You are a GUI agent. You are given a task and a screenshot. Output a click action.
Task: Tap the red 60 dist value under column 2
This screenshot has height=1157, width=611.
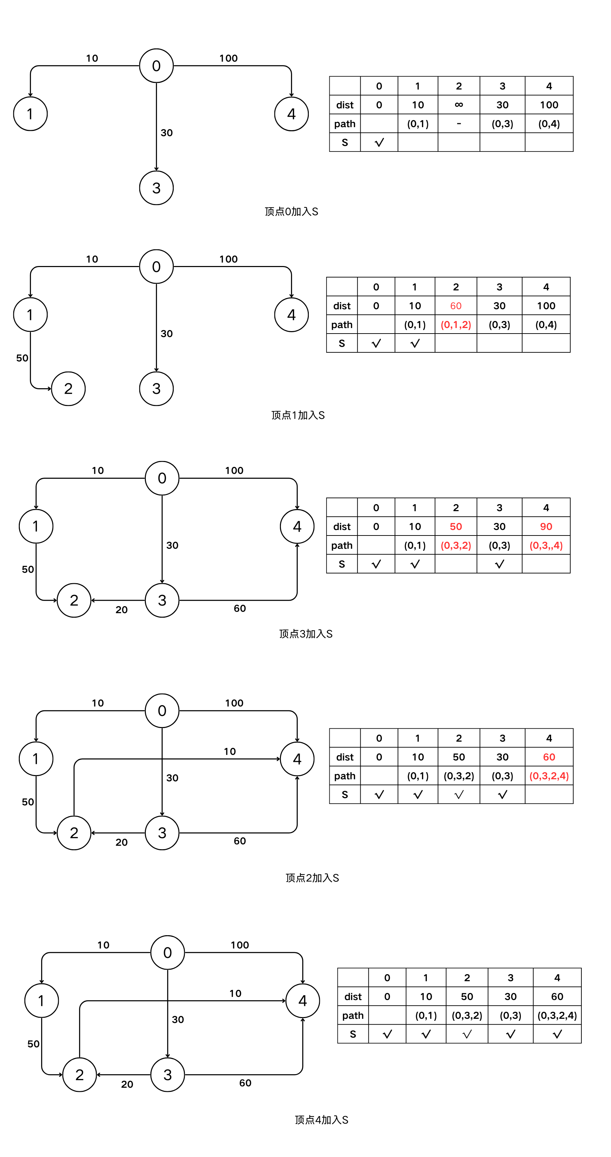(x=456, y=306)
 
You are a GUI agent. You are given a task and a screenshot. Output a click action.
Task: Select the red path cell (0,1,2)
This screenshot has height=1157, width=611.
(x=456, y=325)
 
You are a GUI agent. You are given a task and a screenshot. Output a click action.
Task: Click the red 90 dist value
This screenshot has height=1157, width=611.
(x=546, y=526)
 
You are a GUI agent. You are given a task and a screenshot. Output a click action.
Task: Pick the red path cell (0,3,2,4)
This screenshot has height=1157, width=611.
(x=549, y=776)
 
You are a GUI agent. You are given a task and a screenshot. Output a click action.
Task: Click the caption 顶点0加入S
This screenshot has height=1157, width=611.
(x=291, y=212)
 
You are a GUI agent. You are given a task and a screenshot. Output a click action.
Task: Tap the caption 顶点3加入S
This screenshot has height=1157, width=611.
(x=306, y=634)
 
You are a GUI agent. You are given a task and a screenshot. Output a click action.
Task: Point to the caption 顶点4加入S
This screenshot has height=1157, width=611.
(x=321, y=1120)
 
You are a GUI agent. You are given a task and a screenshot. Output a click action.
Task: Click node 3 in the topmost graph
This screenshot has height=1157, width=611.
(x=156, y=188)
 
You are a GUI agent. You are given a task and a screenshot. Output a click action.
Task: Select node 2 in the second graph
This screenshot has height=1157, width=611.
(x=68, y=389)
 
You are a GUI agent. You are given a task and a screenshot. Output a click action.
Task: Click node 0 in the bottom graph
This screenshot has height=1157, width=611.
(x=167, y=953)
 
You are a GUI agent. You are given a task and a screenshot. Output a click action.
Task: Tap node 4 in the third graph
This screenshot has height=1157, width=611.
(x=297, y=526)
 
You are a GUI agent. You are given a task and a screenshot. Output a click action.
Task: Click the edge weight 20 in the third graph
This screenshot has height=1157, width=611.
(x=121, y=610)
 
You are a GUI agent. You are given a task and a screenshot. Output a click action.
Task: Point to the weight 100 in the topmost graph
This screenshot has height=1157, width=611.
(x=228, y=58)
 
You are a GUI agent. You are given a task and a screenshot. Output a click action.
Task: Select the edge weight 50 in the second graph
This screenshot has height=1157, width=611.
(x=22, y=358)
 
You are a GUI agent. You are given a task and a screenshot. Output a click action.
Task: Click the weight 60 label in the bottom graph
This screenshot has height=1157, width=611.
(x=245, y=1083)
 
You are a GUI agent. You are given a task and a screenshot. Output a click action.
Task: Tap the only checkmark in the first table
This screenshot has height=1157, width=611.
(x=379, y=142)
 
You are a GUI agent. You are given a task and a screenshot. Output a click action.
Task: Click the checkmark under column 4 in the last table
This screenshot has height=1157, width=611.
(x=557, y=1034)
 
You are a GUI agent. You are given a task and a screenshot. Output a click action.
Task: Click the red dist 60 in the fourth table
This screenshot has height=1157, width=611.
(x=549, y=757)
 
